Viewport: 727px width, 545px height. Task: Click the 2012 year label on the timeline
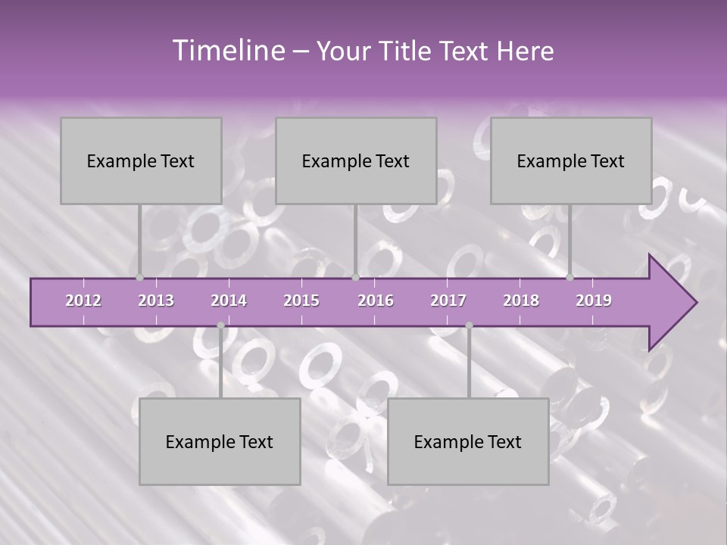[83, 301]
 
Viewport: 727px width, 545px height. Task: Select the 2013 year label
[156, 301]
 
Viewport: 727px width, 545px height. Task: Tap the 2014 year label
[229, 301]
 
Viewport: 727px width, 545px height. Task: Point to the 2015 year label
[301, 301]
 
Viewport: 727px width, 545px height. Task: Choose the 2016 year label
[376, 301]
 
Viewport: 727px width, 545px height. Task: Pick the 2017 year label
[448, 301]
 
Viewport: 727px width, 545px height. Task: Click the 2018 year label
[521, 301]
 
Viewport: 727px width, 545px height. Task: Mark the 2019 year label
[594, 301]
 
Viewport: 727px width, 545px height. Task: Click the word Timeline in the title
[227, 51]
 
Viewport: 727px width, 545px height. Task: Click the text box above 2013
[141, 160]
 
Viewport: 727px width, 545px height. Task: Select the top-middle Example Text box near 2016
[356, 160]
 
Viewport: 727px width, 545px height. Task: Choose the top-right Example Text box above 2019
[571, 160]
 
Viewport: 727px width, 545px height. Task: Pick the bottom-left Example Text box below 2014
[220, 441]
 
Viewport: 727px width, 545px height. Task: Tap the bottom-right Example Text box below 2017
[468, 441]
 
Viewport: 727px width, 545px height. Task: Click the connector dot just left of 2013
[139, 277]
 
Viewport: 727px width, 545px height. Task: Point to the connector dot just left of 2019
[570, 277]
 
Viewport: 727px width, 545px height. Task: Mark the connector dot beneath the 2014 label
[220, 325]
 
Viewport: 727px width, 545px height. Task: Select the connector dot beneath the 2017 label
[469, 325]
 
